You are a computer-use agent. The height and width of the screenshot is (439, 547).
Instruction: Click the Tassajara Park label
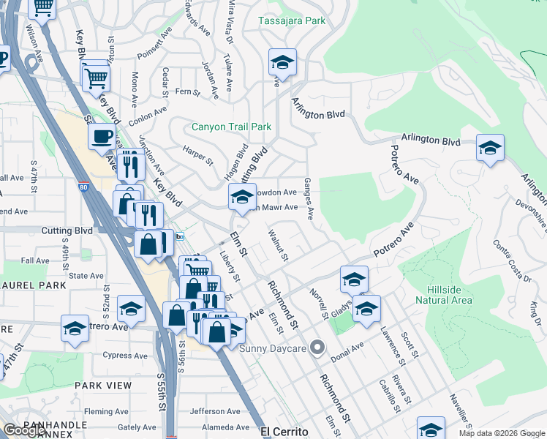pyautogui.click(x=292, y=21)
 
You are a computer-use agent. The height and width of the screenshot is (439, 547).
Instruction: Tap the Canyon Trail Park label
pyautogui.click(x=231, y=127)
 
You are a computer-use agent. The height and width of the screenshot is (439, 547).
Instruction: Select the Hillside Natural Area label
pyautogui.click(x=444, y=295)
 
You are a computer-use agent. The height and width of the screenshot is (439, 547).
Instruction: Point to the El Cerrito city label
pyautogui.click(x=285, y=432)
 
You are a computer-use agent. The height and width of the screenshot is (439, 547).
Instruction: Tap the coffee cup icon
pyautogui.click(x=102, y=136)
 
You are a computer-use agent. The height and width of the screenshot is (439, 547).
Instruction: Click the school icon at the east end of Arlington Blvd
pyautogui.click(x=489, y=149)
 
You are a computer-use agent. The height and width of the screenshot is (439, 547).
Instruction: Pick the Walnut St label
pyautogui.click(x=279, y=246)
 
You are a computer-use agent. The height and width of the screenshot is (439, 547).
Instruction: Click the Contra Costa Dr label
pyautogui.click(x=511, y=260)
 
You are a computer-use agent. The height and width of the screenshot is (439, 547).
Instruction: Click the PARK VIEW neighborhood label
pyautogui.click(x=103, y=385)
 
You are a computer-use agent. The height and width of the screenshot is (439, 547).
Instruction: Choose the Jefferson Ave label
pyautogui.click(x=215, y=411)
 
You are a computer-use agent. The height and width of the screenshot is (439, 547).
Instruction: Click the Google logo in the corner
pyautogui.click(x=24, y=430)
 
